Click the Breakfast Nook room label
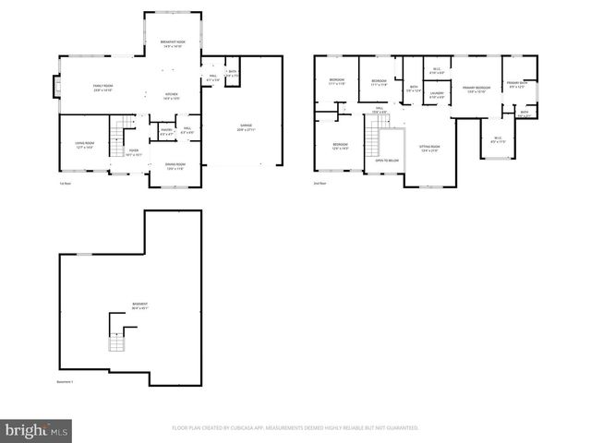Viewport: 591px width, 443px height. pyautogui.click(x=171, y=44)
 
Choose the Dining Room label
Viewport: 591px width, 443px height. pyautogui.click(x=175, y=166)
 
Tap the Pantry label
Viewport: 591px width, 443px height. pyautogui.click(x=166, y=131)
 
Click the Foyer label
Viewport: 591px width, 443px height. pyautogui.click(x=134, y=152)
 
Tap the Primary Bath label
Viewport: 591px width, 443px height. pyautogui.click(x=516, y=85)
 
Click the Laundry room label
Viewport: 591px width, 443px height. pyautogui.click(x=437, y=94)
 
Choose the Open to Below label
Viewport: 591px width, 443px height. pyautogui.click(x=386, y=161)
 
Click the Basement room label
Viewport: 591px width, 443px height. pyautogui.click(x=139, y=305)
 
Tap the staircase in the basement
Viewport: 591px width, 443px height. pyautogui.click(x=116, y=342)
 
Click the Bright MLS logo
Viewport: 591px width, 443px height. pyautogui.click(x=37, y=430)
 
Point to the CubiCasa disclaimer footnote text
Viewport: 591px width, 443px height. pyautogui.click(x=295, y=428)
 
